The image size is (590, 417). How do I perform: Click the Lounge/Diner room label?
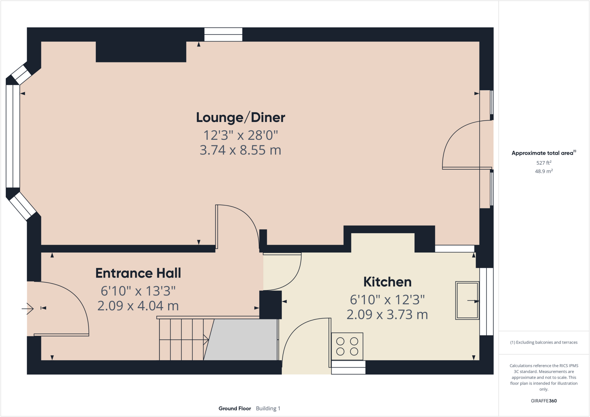241,117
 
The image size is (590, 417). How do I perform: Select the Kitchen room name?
387,282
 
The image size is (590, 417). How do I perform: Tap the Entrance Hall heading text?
138,273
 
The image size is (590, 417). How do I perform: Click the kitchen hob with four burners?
347,346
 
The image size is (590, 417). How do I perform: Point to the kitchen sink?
467,300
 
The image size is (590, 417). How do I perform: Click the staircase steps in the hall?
181,340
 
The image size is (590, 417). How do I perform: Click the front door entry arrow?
28,309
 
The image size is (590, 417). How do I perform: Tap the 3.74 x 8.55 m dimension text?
241,150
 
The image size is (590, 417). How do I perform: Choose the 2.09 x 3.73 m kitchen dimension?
387,315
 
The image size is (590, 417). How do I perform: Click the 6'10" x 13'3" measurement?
138,291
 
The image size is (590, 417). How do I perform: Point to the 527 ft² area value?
544,163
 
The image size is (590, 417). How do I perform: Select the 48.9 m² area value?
544,171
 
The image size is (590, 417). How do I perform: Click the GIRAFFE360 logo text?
544,401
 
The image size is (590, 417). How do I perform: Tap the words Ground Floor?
235,408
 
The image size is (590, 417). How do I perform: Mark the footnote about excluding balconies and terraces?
544,342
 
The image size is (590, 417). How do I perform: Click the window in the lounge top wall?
223,35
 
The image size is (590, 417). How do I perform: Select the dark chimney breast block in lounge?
141,52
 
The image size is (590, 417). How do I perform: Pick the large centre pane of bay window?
13,136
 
